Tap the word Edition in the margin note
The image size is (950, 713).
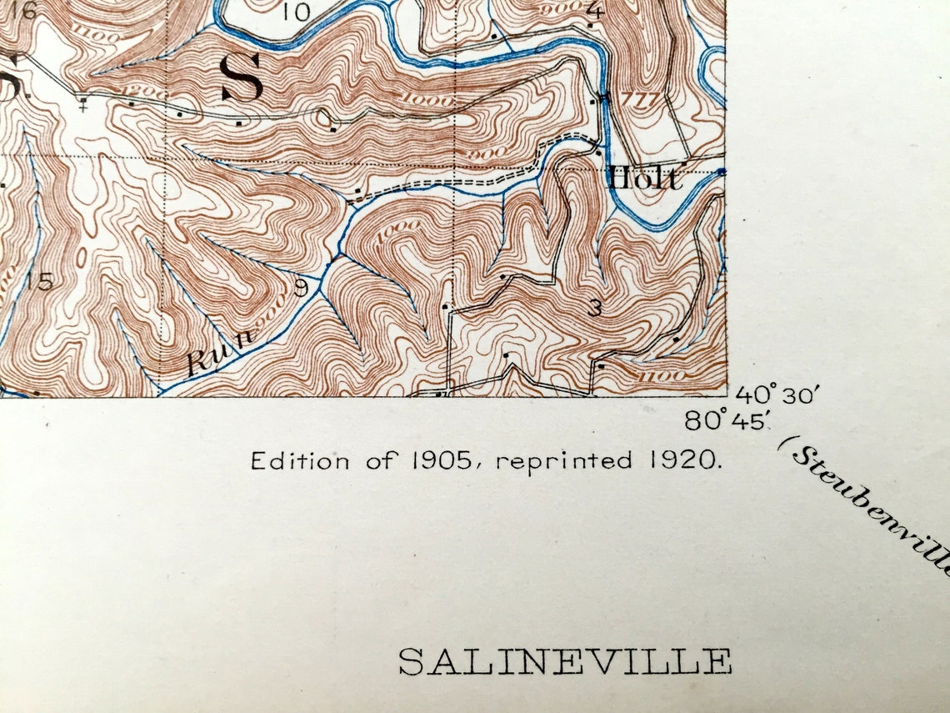[299, 460]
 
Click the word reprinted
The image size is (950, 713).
[563, 461]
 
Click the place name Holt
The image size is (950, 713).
[644, 178]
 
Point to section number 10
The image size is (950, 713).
[296, 12]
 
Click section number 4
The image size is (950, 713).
[594, 11]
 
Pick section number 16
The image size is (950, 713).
[22, 11]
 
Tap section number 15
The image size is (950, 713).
[37, 282]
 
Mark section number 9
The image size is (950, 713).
[301, 288]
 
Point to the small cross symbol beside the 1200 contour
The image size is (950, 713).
[82, 106]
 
